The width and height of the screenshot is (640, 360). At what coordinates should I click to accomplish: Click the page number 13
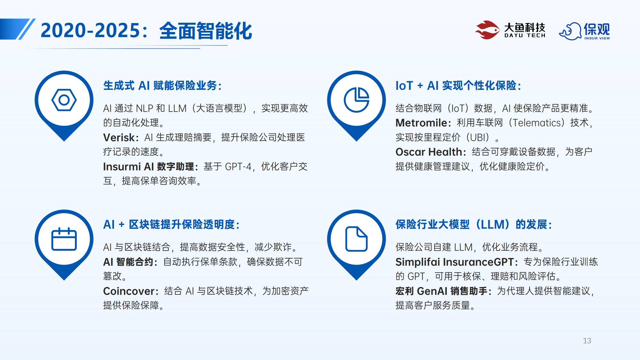pyautogui.click(x=587, y=341)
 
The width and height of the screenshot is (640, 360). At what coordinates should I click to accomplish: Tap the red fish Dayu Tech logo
pyautogui.click(x=487, y=30)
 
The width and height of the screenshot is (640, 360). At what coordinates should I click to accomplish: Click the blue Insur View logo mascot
pyautogui.click(x=570, y=31)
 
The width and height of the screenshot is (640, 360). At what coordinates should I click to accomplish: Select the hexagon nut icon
pyautogui.click(x=64, y=100)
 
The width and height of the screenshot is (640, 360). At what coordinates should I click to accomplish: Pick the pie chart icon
pyautogui.click(x=356, y=100)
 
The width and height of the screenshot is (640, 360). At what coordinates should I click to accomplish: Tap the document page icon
pyautogui.click(x=356, y=239)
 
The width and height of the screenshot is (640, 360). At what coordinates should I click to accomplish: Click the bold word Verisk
pyautogui.click(x=119, y=138)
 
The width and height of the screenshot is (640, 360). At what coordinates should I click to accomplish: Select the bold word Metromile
pyautogui.click(x=421, y=123)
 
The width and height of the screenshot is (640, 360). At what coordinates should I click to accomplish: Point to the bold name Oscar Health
pyautogui.click(x=429, y=152)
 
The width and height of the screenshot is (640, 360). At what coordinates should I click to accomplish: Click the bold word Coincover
pyautogui.click(x=129, y=291)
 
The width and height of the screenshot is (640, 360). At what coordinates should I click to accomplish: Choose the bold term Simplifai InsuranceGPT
pyautogui.click(x=454, y=262)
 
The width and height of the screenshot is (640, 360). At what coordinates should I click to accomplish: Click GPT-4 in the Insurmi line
pyautogui.click(x=238, y=167)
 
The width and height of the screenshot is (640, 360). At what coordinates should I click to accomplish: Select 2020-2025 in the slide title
pyautogui.click(x=91, y=31)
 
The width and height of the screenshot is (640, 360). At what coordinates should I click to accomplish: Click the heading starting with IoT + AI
pyautogui.click(x=459, y=86)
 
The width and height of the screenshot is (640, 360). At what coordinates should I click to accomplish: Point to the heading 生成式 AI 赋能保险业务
pyautogui.click(x=163, y=86)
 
